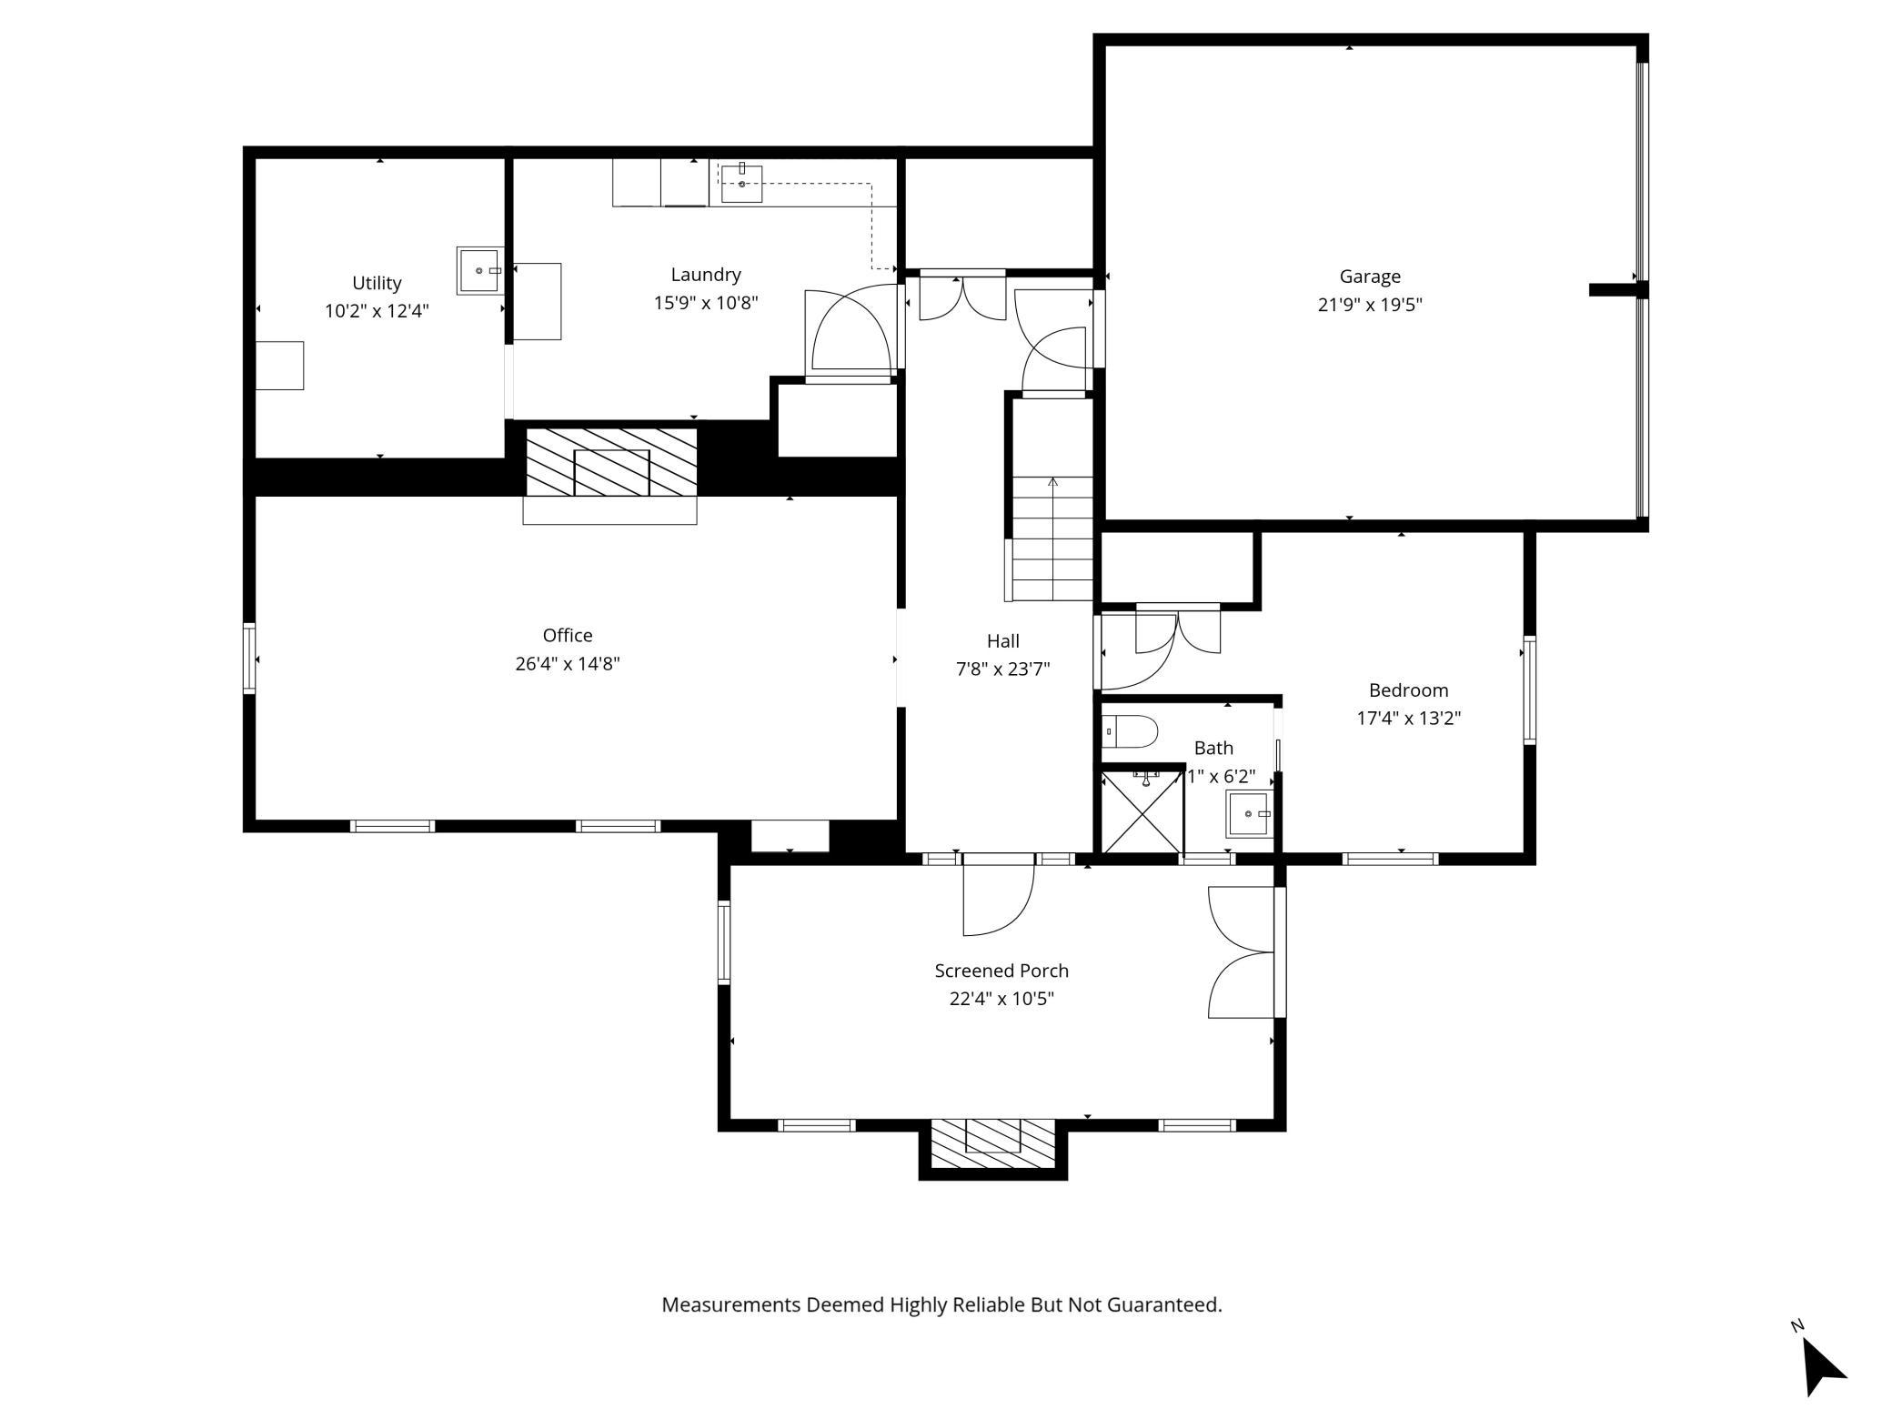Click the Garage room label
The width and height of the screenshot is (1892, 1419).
[1369, 277]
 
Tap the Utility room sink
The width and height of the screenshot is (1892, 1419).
[479, 270]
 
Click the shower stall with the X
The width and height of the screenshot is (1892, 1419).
[1142, 812]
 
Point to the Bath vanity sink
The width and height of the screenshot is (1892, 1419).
[1249, 813]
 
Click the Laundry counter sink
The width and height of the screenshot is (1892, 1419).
[741, 184]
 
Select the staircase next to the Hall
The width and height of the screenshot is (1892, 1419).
[1053, 538]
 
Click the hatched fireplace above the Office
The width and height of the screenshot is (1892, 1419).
[611, 462]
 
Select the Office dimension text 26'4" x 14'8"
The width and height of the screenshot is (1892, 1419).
[568, 664]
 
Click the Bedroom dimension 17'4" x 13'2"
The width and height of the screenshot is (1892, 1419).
[1408, 719]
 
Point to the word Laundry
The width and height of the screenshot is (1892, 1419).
[706, 275]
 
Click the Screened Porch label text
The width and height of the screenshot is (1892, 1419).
[1001, 971]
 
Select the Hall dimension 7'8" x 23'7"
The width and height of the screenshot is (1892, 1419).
[1002, 669]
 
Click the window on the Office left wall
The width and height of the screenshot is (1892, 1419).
[248, 658]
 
